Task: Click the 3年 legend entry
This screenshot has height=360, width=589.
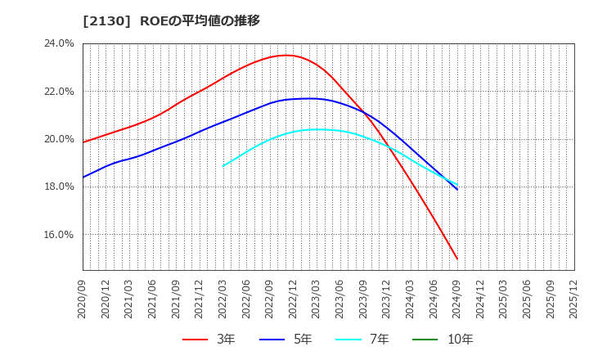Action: [209, 340]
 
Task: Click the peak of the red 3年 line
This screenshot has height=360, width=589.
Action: [285, 56]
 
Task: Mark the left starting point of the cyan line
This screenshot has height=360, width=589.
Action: [223, 166]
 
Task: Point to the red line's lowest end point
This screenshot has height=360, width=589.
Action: [457, 259]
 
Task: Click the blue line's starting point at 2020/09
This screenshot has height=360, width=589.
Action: [83, 177]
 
